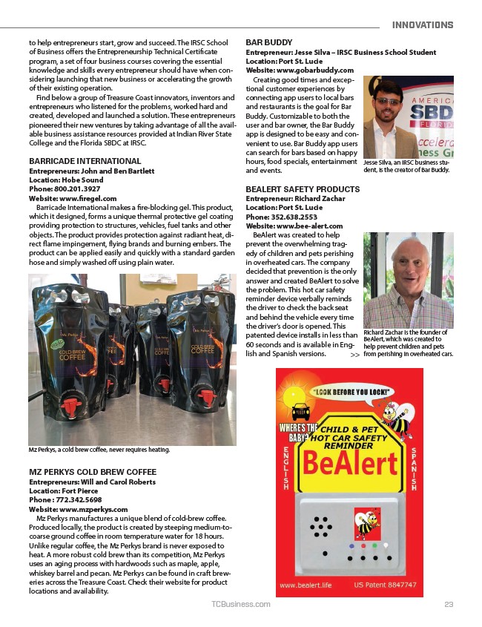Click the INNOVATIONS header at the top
[422, 24]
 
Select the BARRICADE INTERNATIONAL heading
[85, 161]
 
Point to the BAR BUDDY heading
[268, 42]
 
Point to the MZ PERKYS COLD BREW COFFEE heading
[93, 472]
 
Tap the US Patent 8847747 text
[385, 585]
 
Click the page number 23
[447, 604]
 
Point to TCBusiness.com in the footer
[240, 604]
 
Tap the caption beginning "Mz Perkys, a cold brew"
[99, 450]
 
